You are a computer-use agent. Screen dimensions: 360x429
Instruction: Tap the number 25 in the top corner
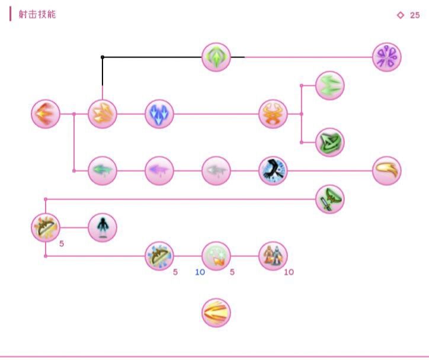click(415, 15)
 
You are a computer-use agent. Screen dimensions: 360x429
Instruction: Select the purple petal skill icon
click(387, 57)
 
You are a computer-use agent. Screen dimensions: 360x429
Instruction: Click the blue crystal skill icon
click(159, 114)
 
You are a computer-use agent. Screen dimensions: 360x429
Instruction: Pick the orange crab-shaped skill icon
click(273, 114)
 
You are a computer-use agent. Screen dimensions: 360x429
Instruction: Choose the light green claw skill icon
click(330, 85)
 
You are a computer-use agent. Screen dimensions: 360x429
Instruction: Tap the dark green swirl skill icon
click(330, 142)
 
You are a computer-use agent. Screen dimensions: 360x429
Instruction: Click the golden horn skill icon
click(387, 171)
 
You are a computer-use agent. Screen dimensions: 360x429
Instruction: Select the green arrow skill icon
click(103, 171)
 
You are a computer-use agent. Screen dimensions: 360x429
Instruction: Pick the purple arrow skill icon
click(159, 171)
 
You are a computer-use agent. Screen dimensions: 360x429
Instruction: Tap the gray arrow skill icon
click(216, 171)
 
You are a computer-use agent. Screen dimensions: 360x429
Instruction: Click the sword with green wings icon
click(330, 199)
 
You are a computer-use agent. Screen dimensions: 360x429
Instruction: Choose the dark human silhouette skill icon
click(103, 227)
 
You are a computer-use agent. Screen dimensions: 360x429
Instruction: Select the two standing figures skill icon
click(273, 256)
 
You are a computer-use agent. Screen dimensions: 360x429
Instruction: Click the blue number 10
click(200, 272)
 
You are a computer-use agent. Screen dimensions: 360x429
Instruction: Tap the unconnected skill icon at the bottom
click(216, 313)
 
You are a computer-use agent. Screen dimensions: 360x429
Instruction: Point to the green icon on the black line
click(216, 57)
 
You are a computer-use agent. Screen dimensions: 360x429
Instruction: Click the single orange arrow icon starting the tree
click(46, 114)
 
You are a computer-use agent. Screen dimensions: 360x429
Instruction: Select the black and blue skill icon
click(273, 171)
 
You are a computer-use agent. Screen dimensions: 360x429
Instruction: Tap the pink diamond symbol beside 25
click(400, 15)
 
